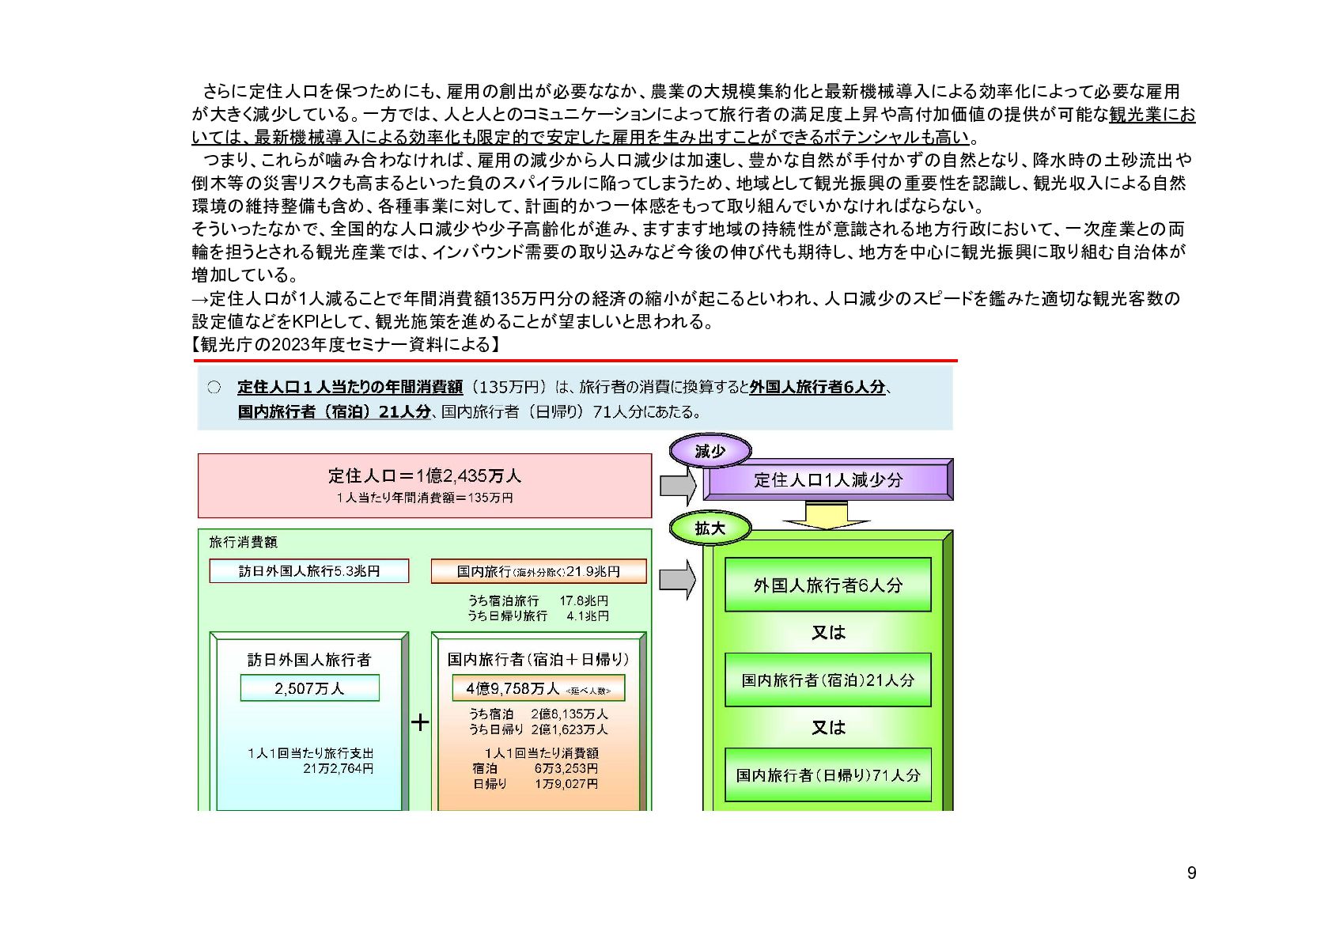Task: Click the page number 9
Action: click(1191, 873)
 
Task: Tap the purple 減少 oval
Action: click(710, 452)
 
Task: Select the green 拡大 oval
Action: click(710, 528)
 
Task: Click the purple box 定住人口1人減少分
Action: click(827, 479)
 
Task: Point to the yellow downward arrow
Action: click(827, 515)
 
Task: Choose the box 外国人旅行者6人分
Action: click(827, 585)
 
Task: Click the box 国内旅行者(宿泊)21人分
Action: click(827, 680)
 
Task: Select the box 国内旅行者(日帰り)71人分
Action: click(827, 774)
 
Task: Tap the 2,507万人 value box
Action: click(309, 688)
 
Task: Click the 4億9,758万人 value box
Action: click(538, 688)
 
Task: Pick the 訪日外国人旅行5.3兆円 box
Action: click(309, 571)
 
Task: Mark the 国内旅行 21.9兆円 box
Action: click(538, 571)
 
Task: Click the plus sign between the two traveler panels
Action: click(420, 721)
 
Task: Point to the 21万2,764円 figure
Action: click(338, 768)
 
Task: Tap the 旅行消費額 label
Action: click(243, 542)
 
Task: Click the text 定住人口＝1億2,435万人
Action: click(424, 475)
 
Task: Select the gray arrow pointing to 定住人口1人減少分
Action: click(676, 485)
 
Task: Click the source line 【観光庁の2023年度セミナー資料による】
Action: click(346, 345)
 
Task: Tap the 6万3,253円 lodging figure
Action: click(566, 768)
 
